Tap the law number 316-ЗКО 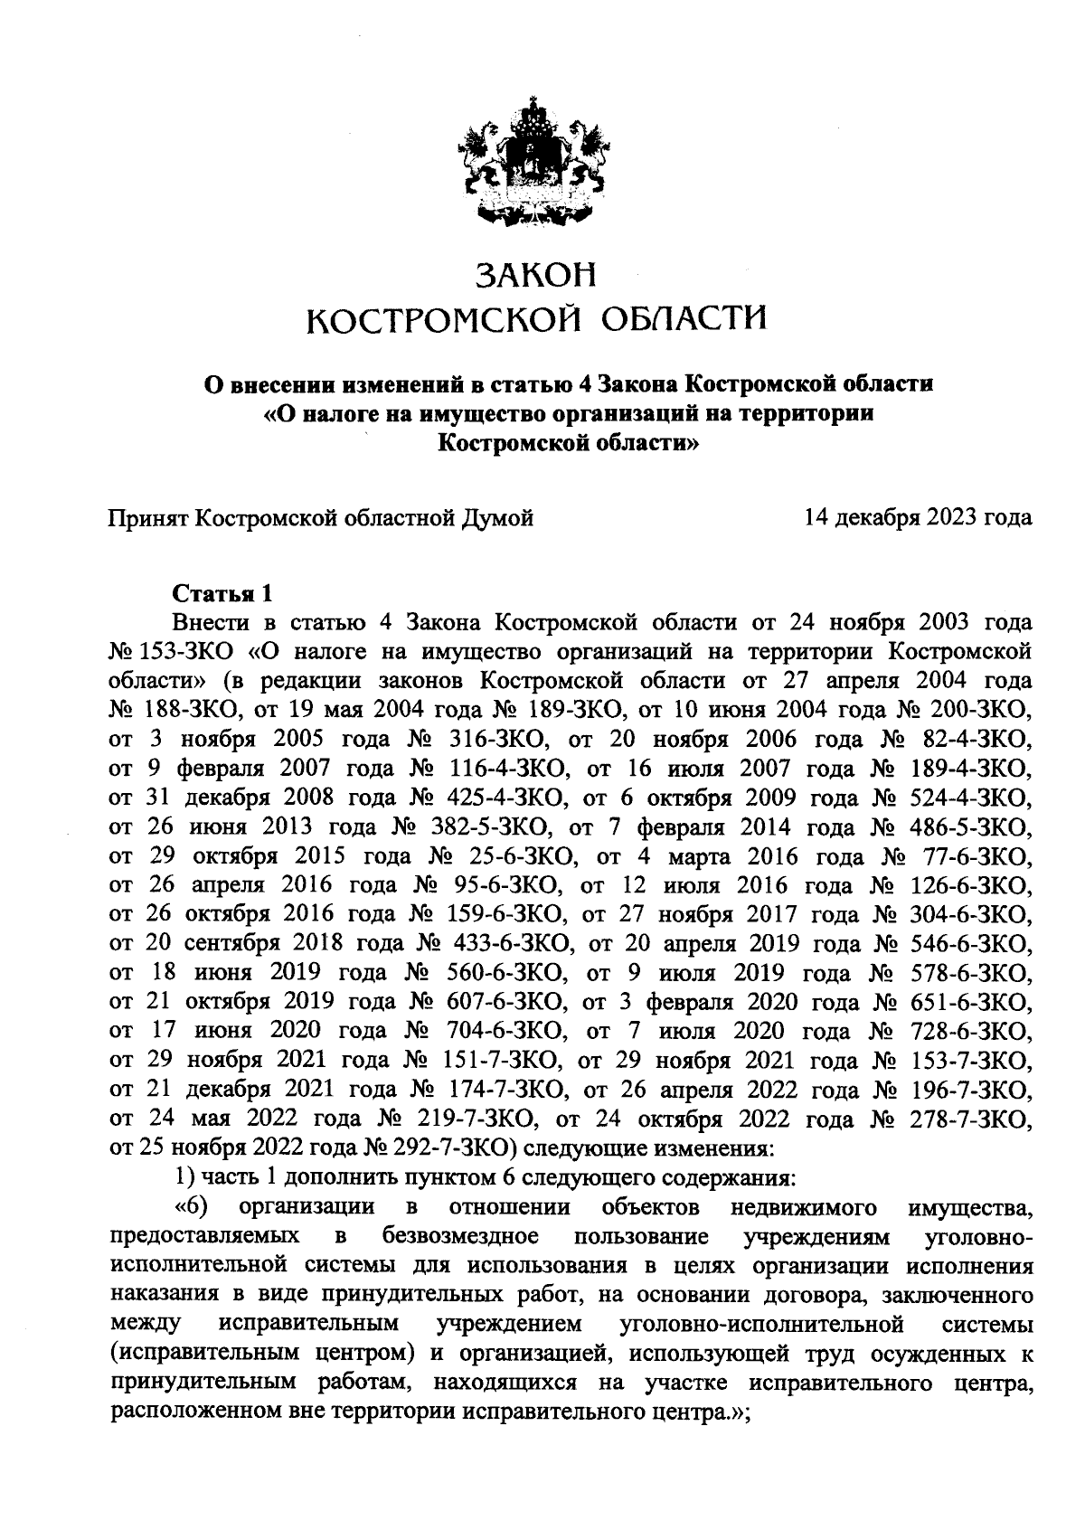click(494, 740)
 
